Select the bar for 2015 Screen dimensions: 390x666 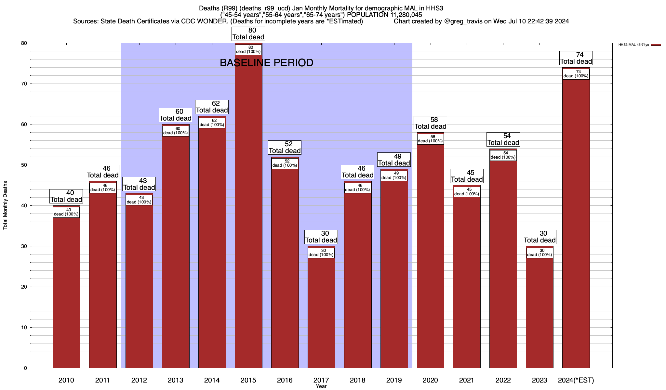(x=248, y=211)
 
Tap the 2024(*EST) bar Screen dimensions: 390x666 (x=576, y=221)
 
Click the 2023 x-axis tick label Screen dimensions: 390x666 (x=539, y=380)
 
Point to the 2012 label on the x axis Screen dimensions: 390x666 (x=139, y=380)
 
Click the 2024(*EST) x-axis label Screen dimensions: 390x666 (x=576, y=380)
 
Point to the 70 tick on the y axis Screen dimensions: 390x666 (x=24, y=84)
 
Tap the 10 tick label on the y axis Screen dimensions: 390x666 (x=24, y=328)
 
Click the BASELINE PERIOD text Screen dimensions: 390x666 (x=266, y=63)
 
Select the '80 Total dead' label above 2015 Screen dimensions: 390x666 (x=248, y=34)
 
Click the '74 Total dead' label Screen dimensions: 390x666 (x=576, y=58)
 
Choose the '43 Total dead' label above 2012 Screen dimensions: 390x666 (x=139, y=184)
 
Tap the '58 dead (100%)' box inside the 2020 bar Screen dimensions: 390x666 (x=430, y=139)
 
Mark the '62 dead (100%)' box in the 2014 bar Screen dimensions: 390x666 (x=212, y=123)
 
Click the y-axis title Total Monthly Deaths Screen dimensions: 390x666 (x=5, y=205)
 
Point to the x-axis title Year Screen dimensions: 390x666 (x=321, y=386)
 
